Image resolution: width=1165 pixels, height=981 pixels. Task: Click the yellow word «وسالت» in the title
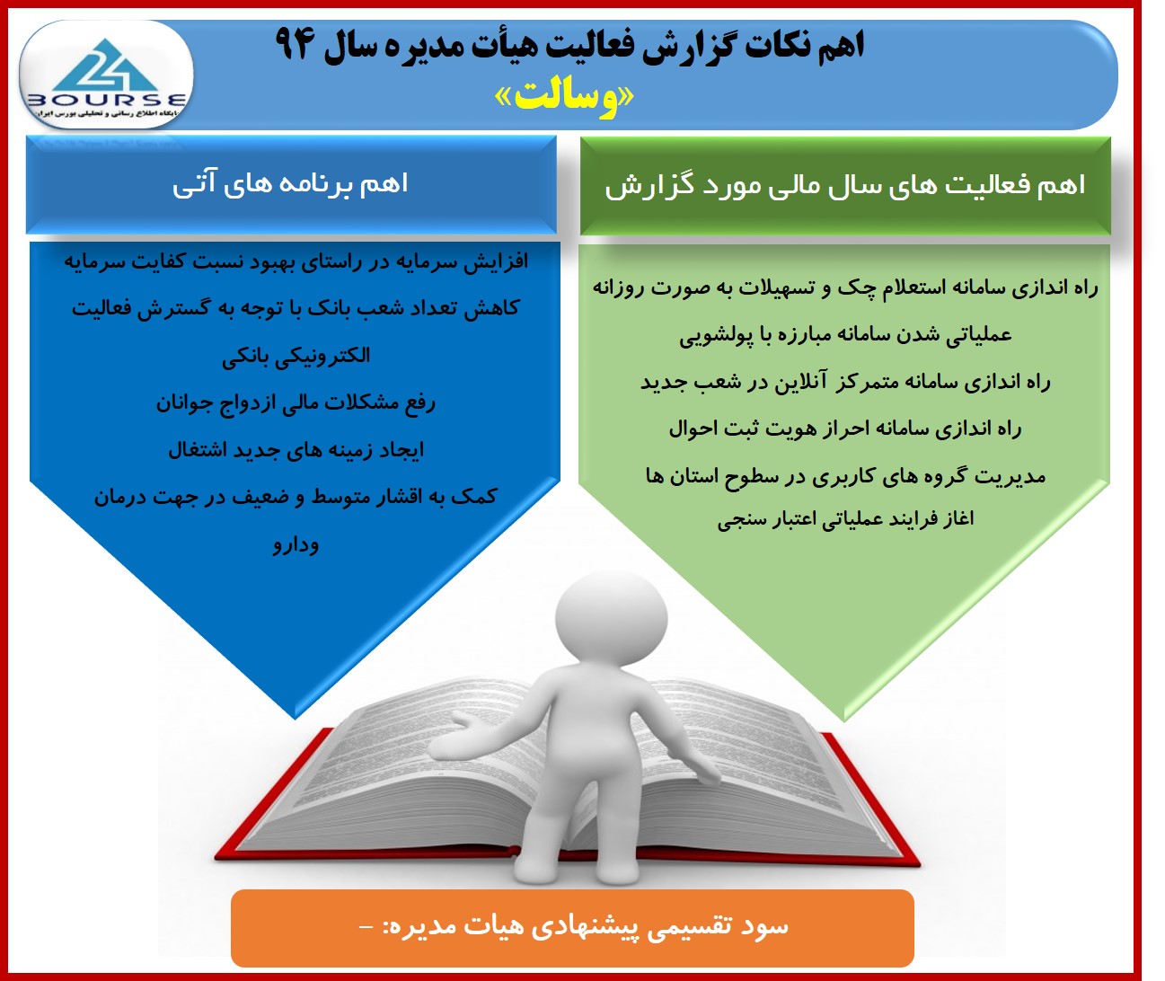tap(564, 98)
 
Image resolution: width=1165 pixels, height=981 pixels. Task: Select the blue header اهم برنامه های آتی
tap(291, 184)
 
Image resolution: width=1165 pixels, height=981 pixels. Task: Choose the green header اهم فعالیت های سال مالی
tap(845, 185)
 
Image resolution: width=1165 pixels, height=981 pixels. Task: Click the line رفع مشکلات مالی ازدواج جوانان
tap(296, 402)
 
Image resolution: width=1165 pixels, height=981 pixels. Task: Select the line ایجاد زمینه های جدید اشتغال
tap(296, 450)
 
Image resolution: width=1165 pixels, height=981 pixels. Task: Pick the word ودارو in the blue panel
tap(296, 544)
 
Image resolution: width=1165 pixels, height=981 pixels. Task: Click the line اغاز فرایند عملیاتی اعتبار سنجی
tap(845, 519)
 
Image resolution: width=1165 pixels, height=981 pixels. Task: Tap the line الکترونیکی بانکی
tap(296, 356)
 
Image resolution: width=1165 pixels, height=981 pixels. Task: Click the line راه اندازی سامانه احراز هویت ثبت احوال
tap(845, 429)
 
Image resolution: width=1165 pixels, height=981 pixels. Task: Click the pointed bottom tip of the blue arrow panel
tap(295, 718)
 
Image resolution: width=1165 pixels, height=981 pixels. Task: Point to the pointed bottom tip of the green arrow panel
tap(843, 720)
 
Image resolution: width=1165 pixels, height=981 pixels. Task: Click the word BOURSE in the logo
tap(106, 101)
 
